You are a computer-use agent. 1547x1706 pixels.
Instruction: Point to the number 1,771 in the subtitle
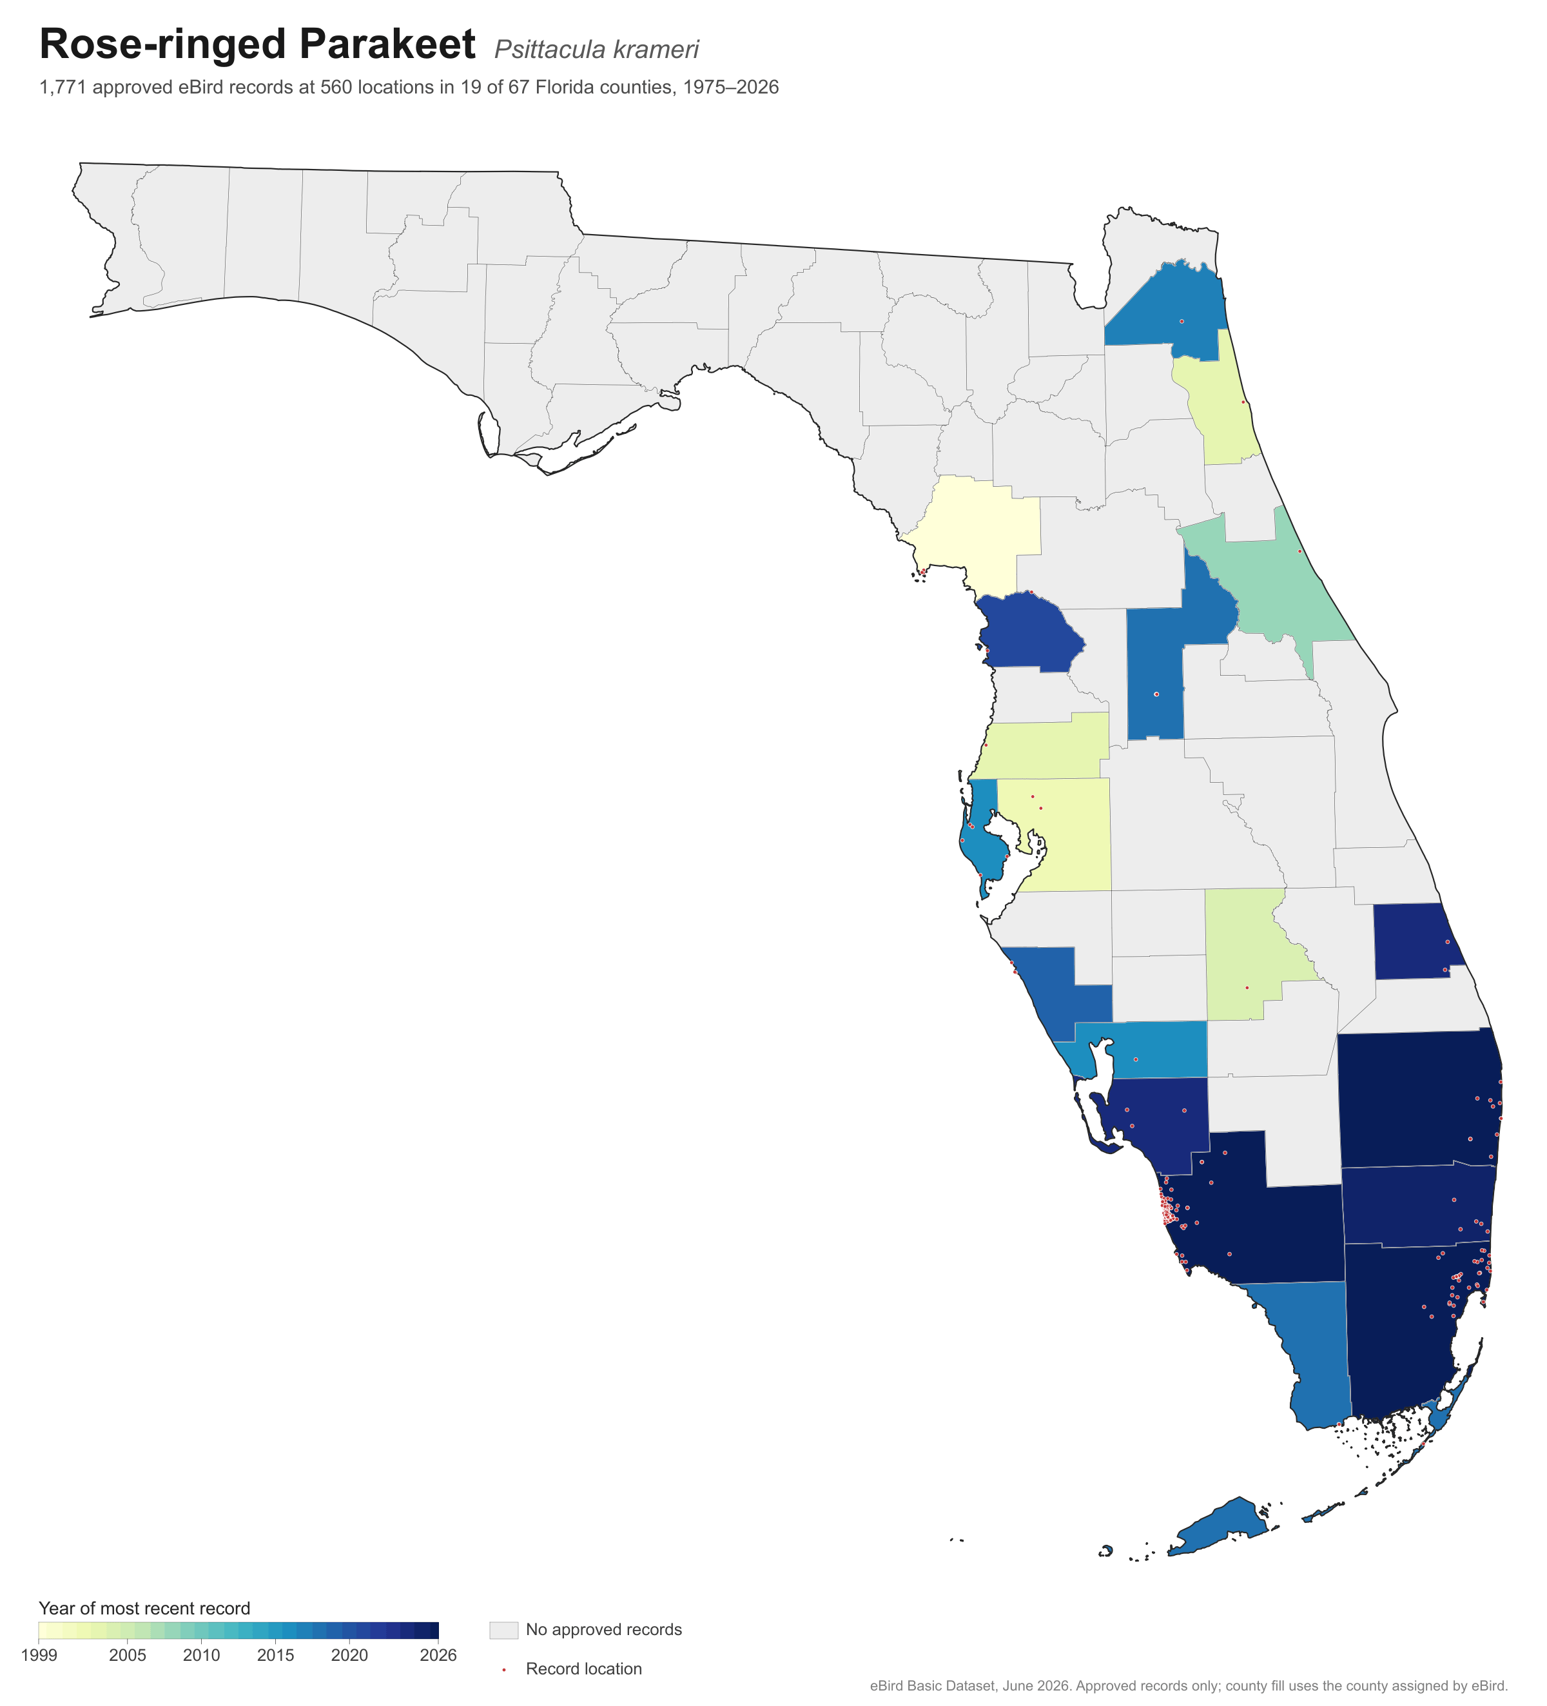(62, 88)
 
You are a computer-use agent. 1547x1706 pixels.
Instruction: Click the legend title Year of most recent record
(144, 1609)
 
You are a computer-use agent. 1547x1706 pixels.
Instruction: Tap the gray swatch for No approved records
(503, 1630)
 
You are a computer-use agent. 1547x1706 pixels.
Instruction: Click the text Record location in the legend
(583, 1669)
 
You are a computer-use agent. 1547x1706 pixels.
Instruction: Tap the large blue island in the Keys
(1218, 1527)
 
